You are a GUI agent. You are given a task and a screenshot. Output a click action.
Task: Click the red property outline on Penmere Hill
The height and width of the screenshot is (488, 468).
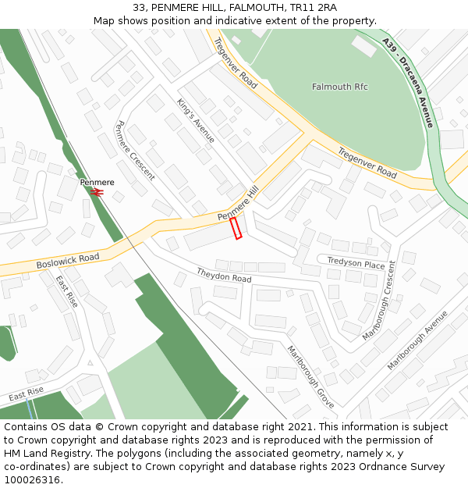[236, 228]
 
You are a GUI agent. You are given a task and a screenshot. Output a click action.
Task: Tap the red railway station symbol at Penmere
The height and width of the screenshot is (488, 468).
[97, 192]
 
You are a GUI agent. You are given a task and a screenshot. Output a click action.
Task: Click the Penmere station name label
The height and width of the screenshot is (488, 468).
[97, 182]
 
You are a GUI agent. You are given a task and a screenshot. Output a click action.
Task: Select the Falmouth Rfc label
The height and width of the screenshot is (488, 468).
[339, 87]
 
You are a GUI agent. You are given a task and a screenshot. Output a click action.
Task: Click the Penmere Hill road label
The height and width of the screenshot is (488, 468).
[238, 205]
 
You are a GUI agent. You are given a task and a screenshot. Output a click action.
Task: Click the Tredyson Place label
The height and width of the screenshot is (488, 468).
[356, 263]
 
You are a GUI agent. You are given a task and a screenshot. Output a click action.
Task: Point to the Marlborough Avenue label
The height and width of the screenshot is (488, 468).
[417, 340]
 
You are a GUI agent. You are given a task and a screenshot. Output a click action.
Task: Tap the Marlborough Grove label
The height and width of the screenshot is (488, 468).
[310, 376]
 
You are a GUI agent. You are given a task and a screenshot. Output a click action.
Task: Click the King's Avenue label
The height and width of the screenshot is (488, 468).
[195, 120]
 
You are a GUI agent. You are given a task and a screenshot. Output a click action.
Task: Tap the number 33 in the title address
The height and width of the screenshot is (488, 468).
[140, 8]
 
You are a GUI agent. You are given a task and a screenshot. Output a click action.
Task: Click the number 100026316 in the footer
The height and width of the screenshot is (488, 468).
[32, 479]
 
